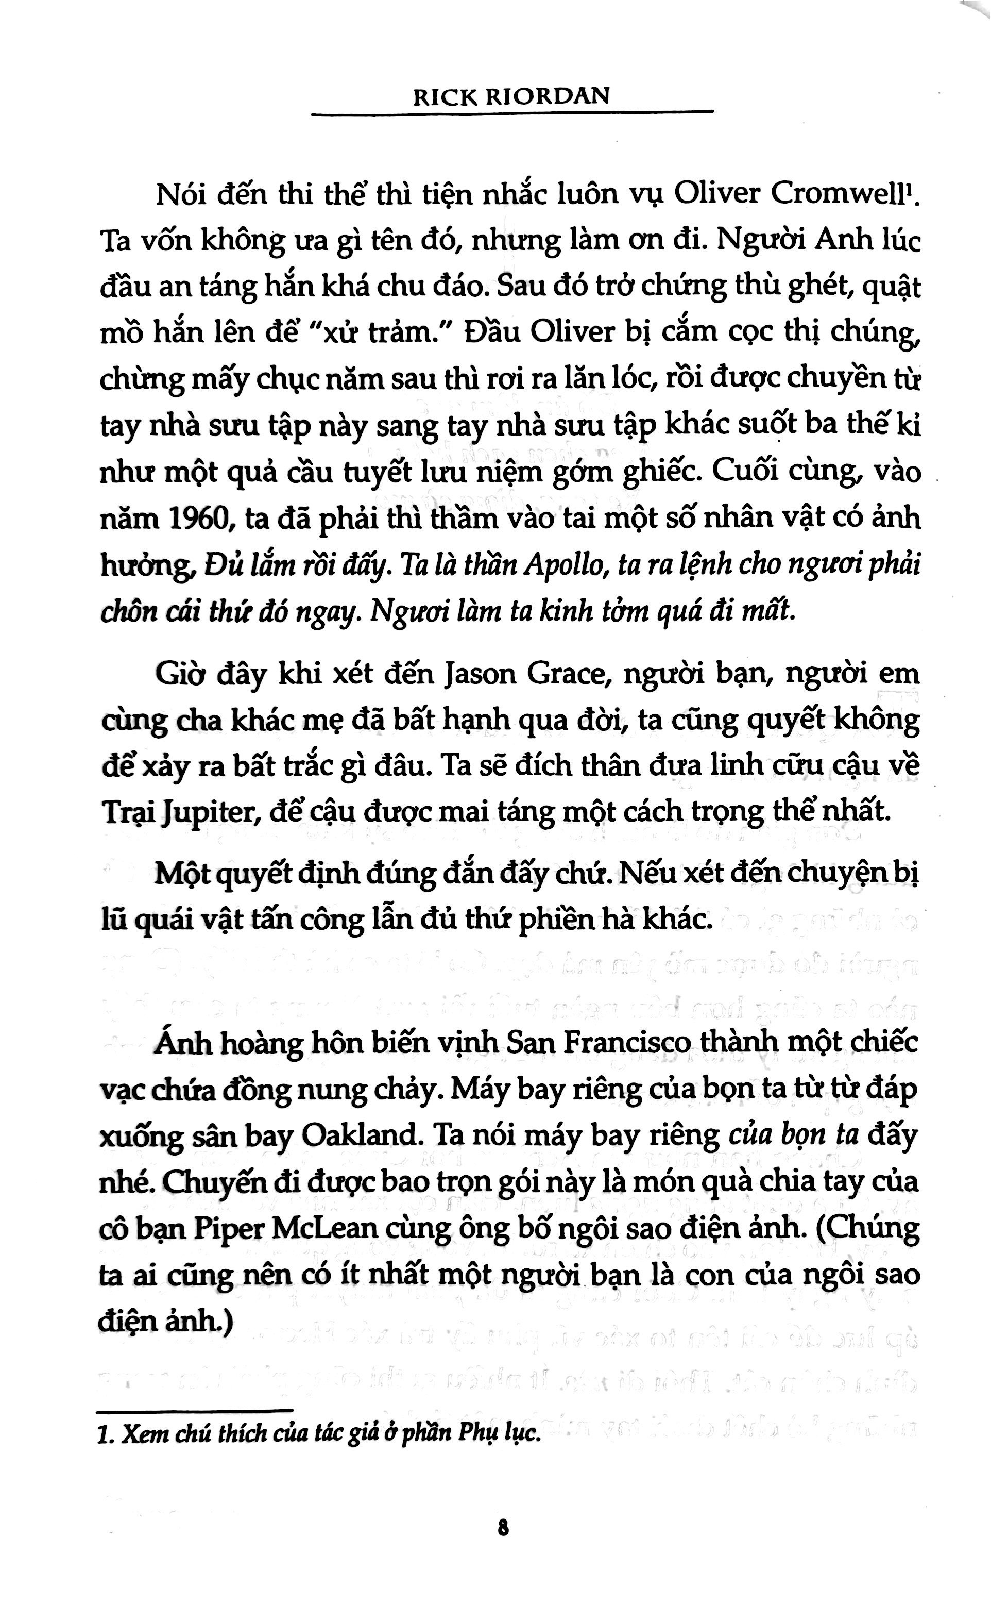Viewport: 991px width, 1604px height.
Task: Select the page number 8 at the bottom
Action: (503, 1529)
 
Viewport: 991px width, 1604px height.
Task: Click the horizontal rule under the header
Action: (511, 114)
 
